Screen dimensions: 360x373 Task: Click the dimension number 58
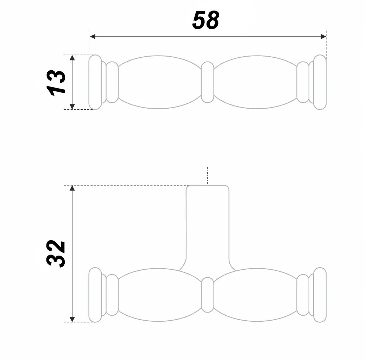click(206, 20)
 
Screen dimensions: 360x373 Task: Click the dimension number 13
click(56, 82)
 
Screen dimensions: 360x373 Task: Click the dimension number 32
click(56, 253)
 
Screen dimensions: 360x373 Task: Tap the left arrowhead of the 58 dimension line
click(93, 36)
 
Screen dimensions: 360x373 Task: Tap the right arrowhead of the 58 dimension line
click(323, 36)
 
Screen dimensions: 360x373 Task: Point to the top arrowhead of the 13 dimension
click(72, 58)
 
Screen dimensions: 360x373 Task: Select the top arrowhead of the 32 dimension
click(72, 188)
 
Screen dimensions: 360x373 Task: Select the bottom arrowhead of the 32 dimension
click(72, 319)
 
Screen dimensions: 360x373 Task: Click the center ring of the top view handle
click(207, 82)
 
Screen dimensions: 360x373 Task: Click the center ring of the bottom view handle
click(207, 295)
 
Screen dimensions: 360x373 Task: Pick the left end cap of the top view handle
click(95, 82)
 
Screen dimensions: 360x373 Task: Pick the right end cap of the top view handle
click(320, 82)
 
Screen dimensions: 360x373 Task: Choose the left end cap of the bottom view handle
click(95, 295)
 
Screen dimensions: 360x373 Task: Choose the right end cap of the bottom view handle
click(320, 295)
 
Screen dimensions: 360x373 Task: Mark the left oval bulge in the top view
click(159, 82)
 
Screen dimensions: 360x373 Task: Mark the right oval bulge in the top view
click(256, 82)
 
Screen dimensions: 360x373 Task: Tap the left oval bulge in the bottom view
click(159, 295)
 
